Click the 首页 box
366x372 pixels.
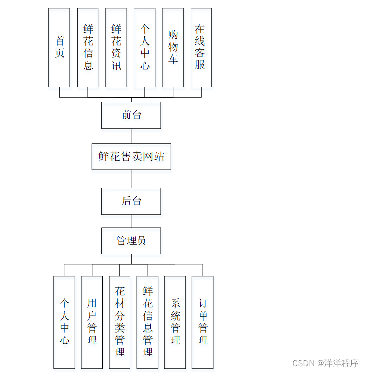click(59, 48)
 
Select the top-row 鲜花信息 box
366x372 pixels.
click(88, 48)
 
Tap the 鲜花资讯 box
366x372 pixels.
click(116, 48)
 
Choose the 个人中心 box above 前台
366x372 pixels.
click(144, 48)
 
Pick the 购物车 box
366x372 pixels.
click(173, 48)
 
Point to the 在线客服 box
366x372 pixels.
click(201, 48)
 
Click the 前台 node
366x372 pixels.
click(131, 115)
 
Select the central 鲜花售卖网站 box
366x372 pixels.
click(131, 156)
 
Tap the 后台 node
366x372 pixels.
click(131, 201)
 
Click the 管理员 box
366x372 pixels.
click(131, 241)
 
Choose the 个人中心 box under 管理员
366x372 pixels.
click(64, 322)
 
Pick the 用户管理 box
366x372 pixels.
click(92, 322)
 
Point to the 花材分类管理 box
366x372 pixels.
click(120, 322)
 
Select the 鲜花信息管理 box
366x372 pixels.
click(147, 322)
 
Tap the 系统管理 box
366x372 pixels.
click(175, 322)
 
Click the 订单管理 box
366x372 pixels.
click(203, 322)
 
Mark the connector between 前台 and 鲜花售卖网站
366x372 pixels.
click(131, 136)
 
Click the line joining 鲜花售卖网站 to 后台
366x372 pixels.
click(131, 179)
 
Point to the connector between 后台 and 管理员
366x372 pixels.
click(131, 221)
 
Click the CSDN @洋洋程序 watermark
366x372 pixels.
click(325, 363)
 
